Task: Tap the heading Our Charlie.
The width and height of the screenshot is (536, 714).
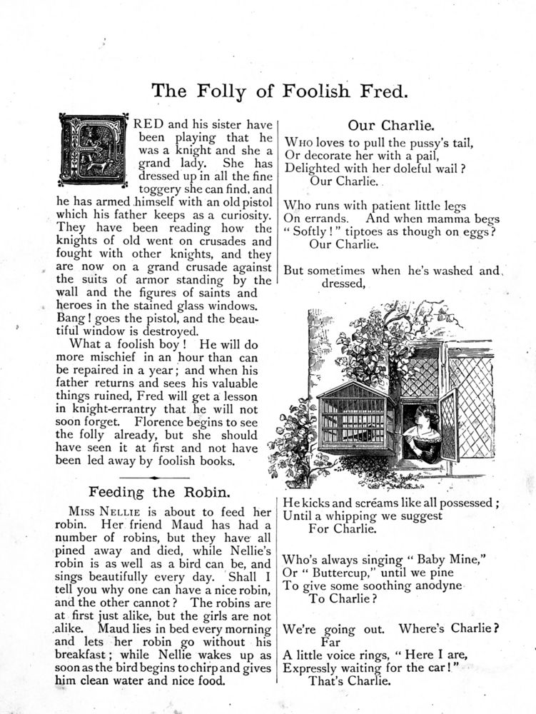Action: [x=391, y=126]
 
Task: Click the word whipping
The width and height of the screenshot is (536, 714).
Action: [x=353, y=516]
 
